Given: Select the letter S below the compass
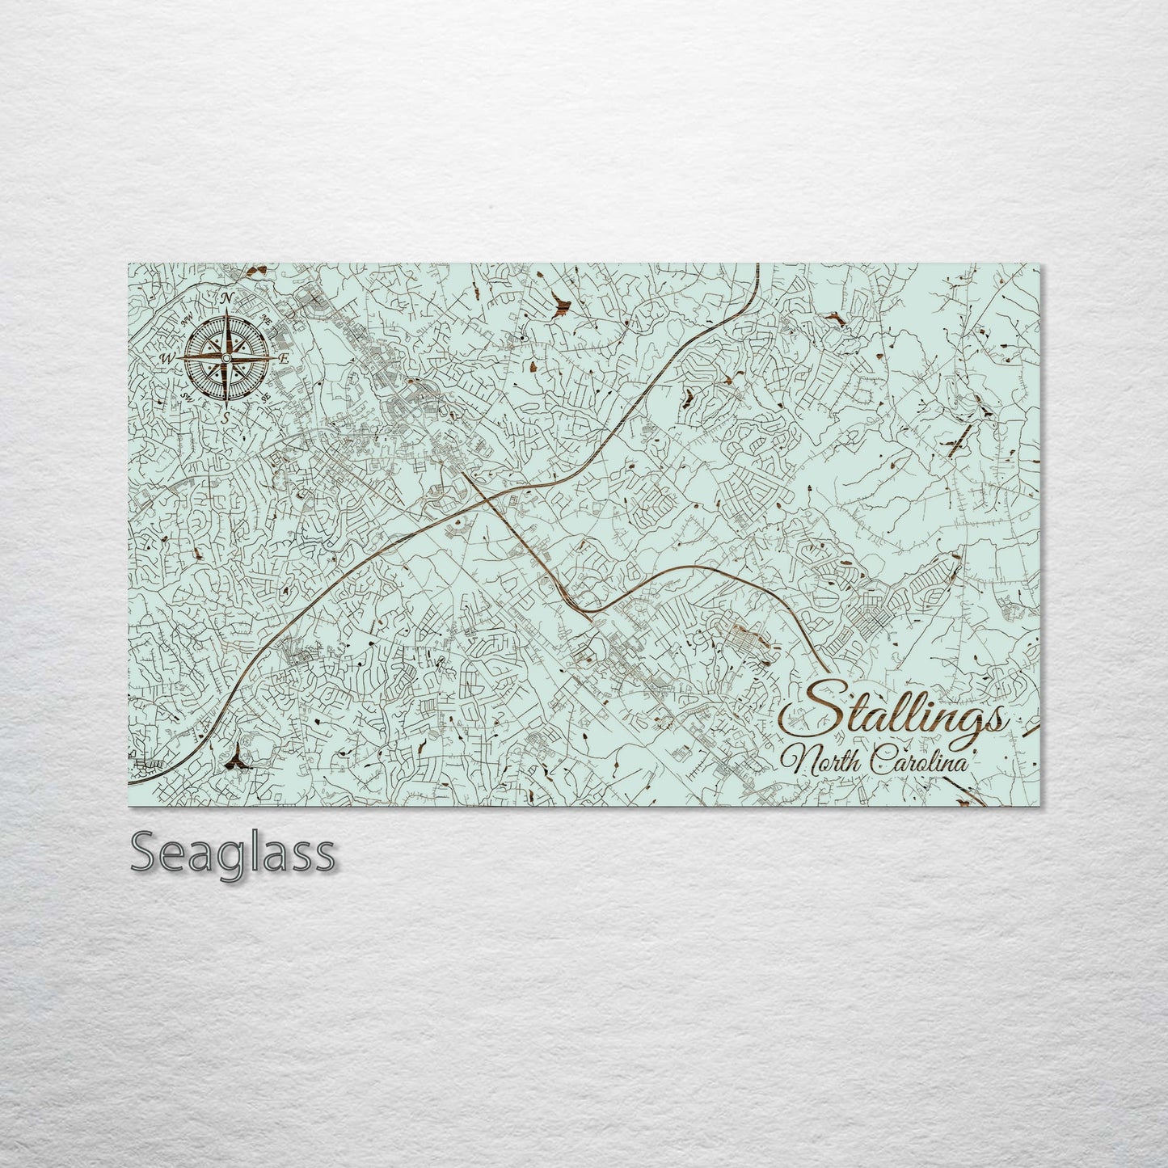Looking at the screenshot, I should [226, 417].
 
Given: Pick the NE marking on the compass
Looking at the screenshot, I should [266, 318].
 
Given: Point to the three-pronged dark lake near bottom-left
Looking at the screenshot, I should [235, 758].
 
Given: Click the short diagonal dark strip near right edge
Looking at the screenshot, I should [960, 440].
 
